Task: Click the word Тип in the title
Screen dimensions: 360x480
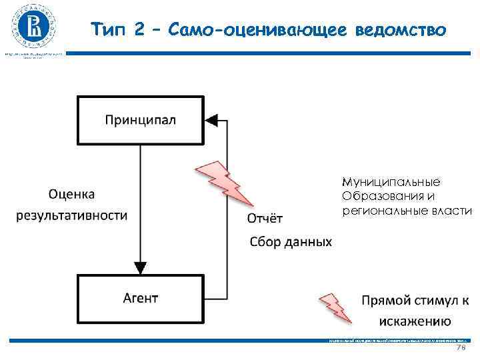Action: click(108, 29)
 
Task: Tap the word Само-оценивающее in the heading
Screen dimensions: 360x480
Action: click(254, 29)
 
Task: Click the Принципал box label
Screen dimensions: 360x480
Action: click(141, 120)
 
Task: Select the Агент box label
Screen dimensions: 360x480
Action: click(141, 297)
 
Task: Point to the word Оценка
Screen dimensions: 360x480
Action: click(72, 194)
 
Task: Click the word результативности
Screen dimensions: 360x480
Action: click(72, 215)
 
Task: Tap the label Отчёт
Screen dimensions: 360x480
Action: click(265, 218)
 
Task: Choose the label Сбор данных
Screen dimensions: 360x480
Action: click(290, 241)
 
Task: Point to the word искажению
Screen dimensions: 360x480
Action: click(411, 322)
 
